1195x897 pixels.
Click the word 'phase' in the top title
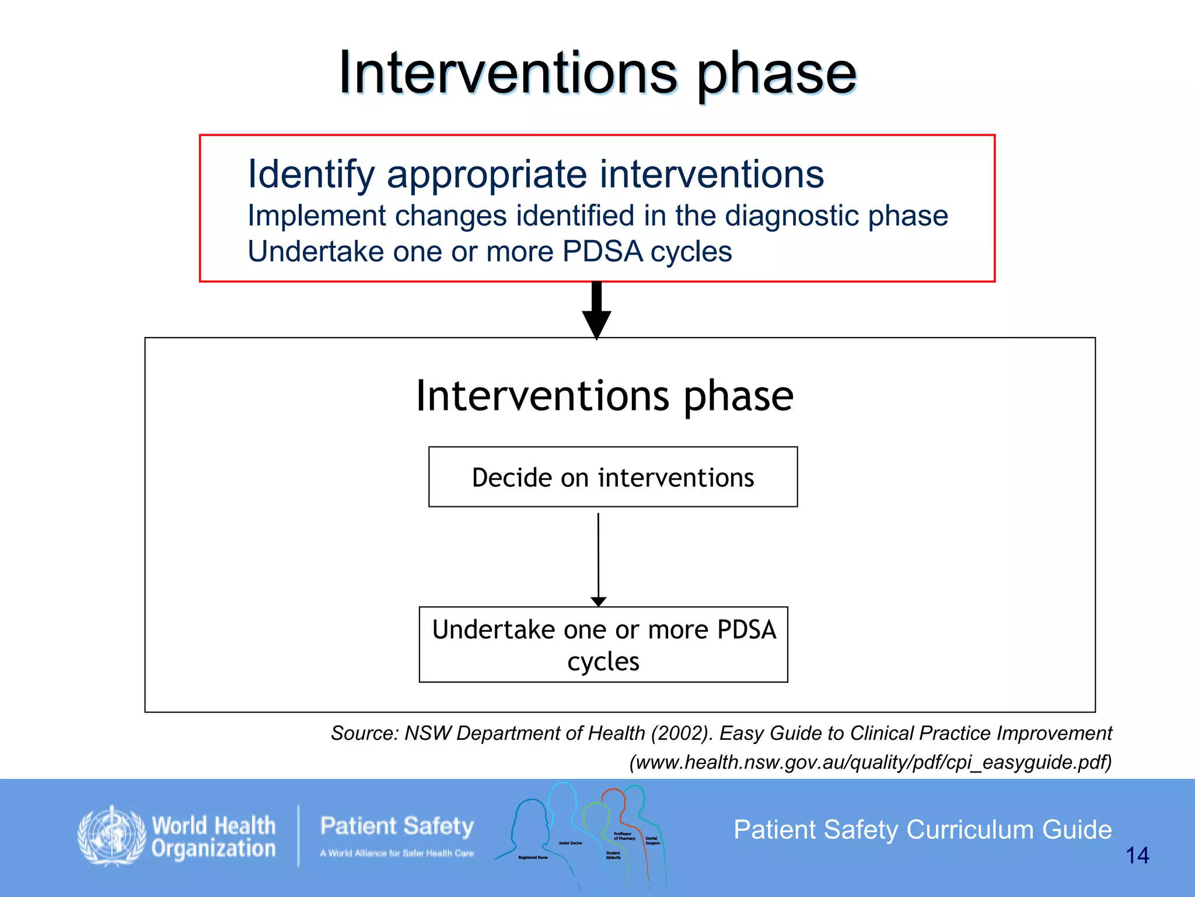[776, 75]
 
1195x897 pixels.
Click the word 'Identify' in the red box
[311, 175]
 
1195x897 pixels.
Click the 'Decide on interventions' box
[613, 477]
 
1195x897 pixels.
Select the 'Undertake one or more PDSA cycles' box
[603, 644]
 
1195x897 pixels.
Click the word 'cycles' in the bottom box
[603, 662]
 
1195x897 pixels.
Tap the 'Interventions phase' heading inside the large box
[605, 397]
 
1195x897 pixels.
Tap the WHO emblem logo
[111, 836]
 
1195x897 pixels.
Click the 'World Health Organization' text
[214, 837]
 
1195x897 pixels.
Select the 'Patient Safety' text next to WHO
[397, 826]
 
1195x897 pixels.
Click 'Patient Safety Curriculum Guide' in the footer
[922, 830]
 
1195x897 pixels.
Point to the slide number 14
[1137, 856]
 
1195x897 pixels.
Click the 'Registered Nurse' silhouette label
[533, 857]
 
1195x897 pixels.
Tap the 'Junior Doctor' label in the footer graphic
[570, 843]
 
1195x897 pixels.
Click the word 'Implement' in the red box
[316, 216]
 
